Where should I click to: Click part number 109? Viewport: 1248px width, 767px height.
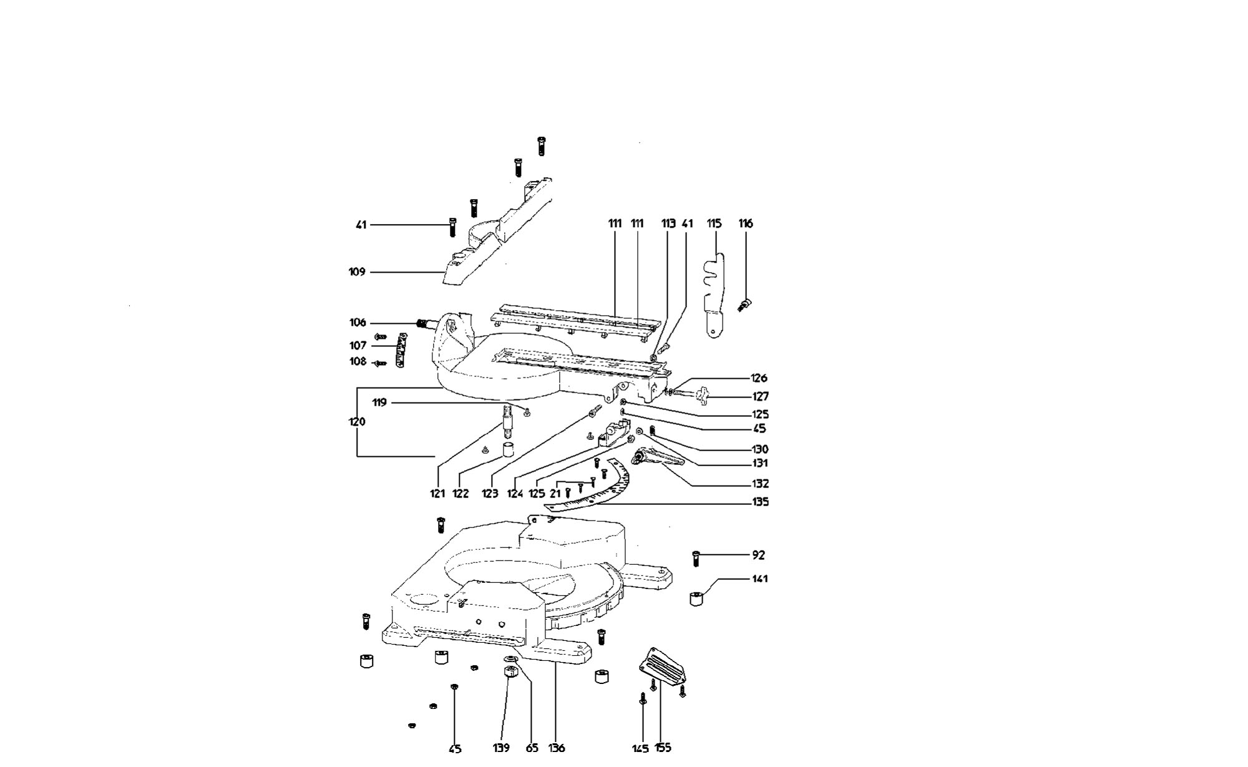357,272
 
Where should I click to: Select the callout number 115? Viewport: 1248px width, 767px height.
714,223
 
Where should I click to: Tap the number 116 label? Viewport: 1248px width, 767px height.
746,223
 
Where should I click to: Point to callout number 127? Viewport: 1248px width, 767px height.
760,396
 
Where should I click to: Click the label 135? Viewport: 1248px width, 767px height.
760,502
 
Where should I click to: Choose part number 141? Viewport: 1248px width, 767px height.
759,579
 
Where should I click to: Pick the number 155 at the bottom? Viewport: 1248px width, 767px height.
663,748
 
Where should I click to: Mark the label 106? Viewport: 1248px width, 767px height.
358,323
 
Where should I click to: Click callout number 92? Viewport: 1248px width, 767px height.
758,555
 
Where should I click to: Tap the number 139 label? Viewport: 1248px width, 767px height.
501,748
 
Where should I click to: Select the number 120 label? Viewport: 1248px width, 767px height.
357,422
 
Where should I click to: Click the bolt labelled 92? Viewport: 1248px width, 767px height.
696,558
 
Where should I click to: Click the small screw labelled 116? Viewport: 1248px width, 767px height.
744,305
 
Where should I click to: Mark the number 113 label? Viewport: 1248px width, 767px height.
668,223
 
